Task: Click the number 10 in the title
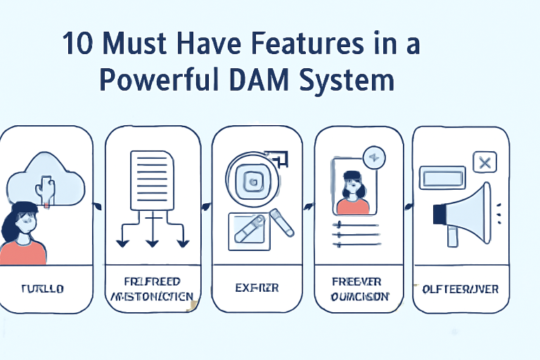[77, 44]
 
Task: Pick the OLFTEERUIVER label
[461, 288]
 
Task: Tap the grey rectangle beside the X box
[442, 177]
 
